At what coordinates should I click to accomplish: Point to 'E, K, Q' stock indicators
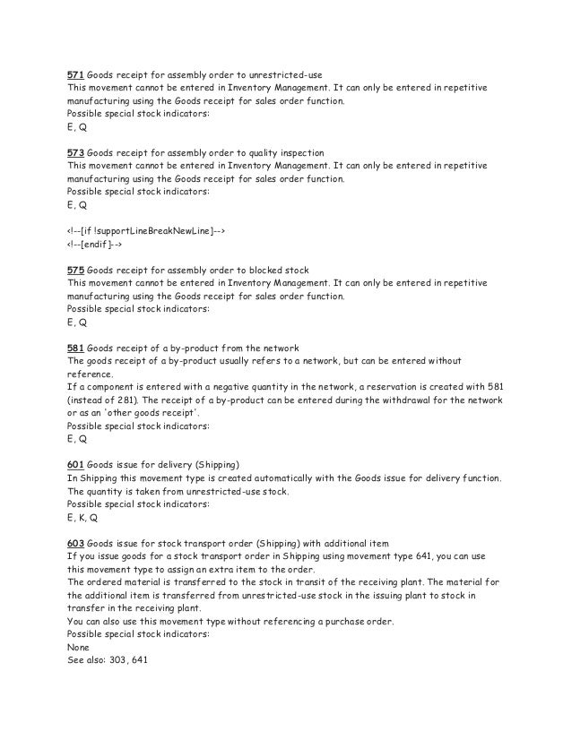tap(82, 517)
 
